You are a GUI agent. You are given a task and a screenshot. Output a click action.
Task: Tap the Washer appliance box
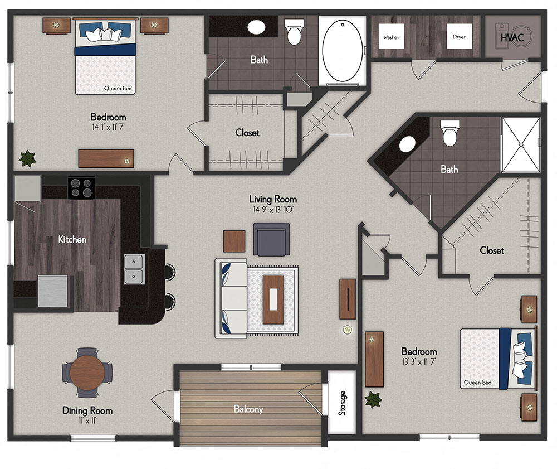pyautogui.click(x=390, y=37)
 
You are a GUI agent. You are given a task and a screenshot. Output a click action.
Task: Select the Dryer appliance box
pyautogui.click(x=460, y=37)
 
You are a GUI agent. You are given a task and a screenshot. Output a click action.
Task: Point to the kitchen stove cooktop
pyautogui.click(x=81, y=188)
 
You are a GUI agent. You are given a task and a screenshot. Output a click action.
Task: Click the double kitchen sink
pyautogui.click(x=134, y=269)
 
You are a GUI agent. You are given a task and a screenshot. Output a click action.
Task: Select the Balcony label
pyautogui.click(x=248, y=409)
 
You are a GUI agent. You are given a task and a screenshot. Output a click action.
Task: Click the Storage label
pyautogui.click(x=342, y=403)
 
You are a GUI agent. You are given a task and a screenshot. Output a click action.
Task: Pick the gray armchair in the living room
pyautogui.click(x=271, y=239)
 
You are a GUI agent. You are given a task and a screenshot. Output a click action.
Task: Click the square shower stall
pyautogui.click(x=521, y=144)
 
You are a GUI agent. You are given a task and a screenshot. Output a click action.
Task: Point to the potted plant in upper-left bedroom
pyautogui.click(x=27, y=159)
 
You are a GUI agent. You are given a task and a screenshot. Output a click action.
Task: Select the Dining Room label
pyautogui.click(x=87, y=411)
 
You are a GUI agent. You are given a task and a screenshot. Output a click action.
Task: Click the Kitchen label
pyautogui.click(x=72, y=239)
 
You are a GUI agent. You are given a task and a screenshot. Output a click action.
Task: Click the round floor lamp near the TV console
pyautogui.click(x=347, y=330)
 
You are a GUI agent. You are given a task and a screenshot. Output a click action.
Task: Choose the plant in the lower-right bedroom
pyautogui.click(x=373, y=400)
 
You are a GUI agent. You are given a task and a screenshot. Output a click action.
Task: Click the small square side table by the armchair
pyautogui.click(x=234, y=241)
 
